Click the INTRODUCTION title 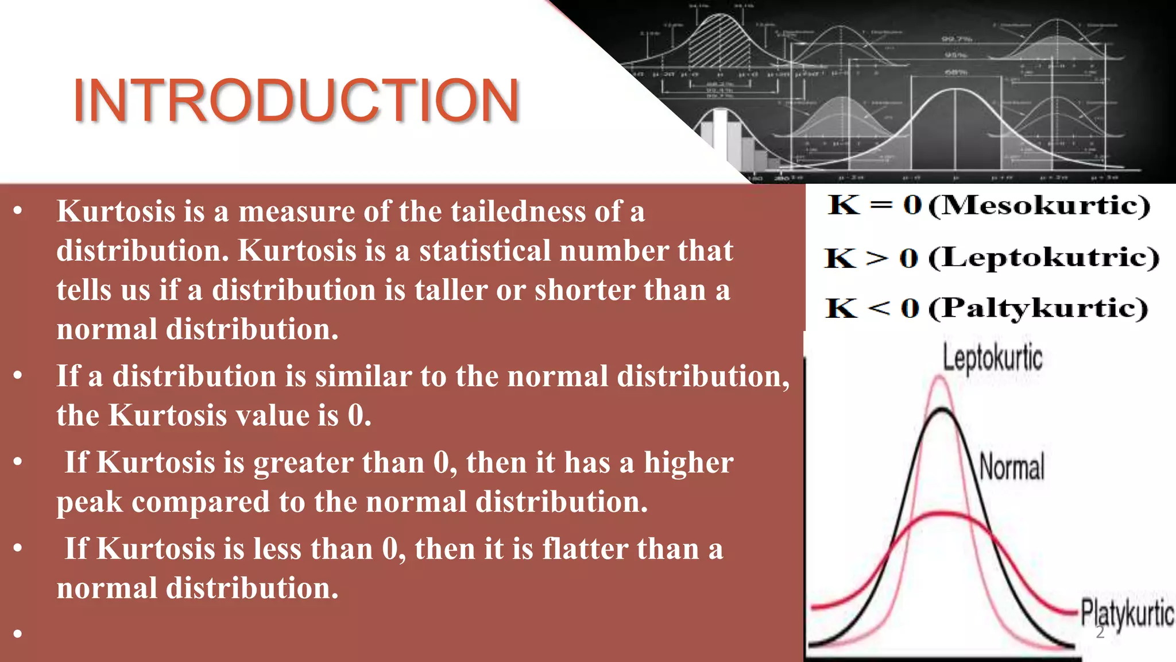(296, 101)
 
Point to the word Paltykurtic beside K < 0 (1039, 309)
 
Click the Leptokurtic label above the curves (992, 358)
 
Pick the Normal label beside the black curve (1012, 466)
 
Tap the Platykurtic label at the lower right (1127, 613)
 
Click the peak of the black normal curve (942, 409)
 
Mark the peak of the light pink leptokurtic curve (939, 377)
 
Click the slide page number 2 (1100, 633)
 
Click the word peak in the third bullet (90, 502)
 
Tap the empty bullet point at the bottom (18, 633)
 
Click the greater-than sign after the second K (877, 258)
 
